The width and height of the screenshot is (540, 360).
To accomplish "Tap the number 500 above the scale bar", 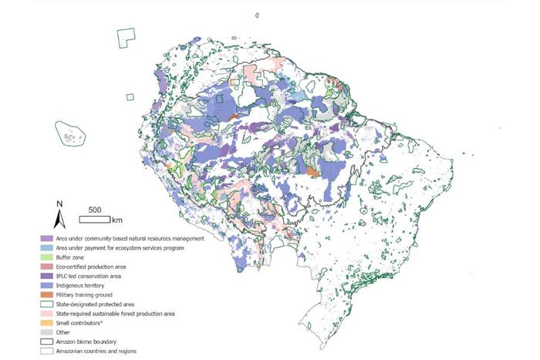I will pos(95,210).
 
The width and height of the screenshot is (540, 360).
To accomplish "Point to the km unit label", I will pos(117,220).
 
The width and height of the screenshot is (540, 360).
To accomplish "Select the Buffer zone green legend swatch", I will pos(47,257).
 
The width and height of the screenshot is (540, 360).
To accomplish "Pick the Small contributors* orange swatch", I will pos(47,322).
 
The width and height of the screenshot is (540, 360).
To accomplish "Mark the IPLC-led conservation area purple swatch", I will pos(47,276).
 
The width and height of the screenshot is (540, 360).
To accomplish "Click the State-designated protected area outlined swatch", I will pos(47,304).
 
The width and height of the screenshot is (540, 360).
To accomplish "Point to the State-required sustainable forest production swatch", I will pos(47,313).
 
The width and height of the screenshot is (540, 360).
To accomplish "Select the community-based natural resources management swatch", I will pos(47,239).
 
